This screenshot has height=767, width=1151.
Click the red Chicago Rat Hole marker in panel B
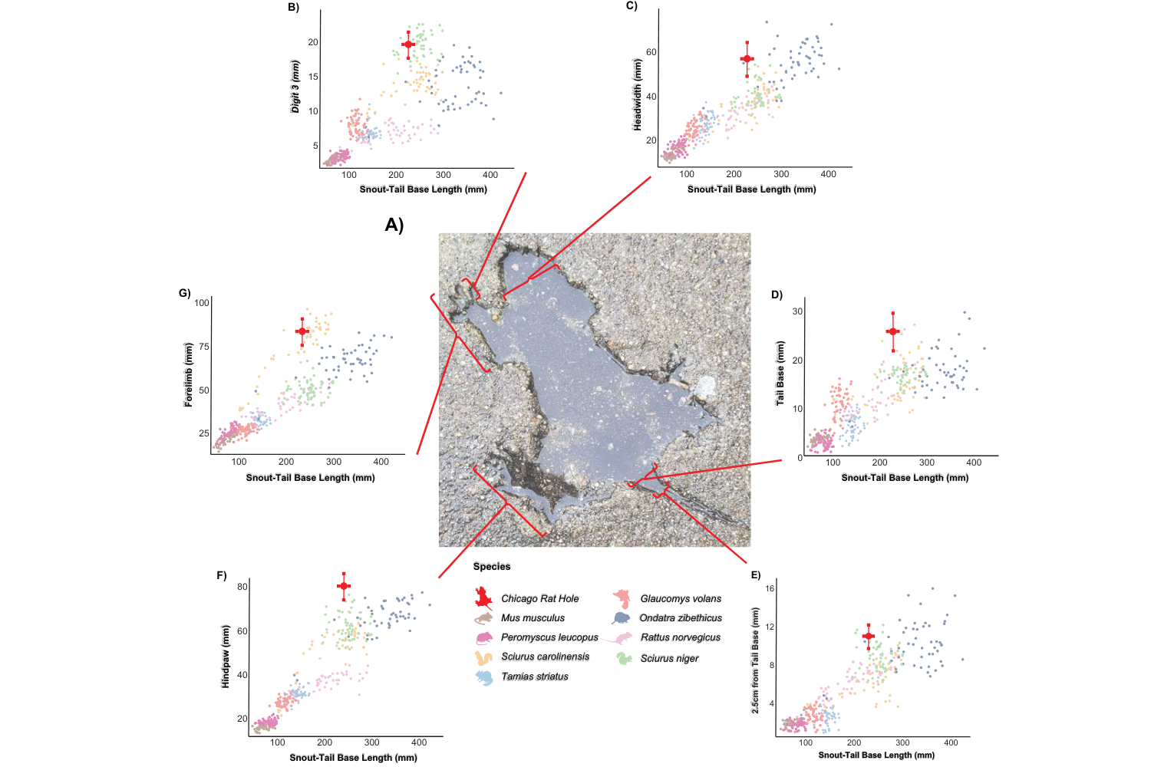[408, 44]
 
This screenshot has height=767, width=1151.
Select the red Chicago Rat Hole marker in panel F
[344, 587]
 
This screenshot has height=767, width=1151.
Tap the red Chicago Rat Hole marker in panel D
[892, 331]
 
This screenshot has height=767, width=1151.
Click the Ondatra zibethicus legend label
[681, 618]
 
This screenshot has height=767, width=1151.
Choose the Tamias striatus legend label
[535, 676]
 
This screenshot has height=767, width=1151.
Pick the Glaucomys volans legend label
[681, 599]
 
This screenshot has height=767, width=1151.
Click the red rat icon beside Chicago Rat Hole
[483, 597]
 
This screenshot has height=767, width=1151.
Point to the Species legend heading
[492, 567]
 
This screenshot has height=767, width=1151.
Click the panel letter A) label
[394, 225]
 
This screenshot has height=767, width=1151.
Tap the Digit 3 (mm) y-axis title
[295, 87]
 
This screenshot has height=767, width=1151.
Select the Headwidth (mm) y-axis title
[637, 94]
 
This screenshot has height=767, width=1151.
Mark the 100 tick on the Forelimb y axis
[202, 303]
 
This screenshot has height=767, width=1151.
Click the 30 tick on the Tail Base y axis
[798, 311]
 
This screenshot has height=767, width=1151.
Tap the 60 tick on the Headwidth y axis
[651, 53]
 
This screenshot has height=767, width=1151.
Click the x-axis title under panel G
[310, 478]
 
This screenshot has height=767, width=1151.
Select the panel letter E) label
[756, 575]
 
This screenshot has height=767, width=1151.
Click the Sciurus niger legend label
[670, 659]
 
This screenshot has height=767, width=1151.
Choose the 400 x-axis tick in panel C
[829, 174]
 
